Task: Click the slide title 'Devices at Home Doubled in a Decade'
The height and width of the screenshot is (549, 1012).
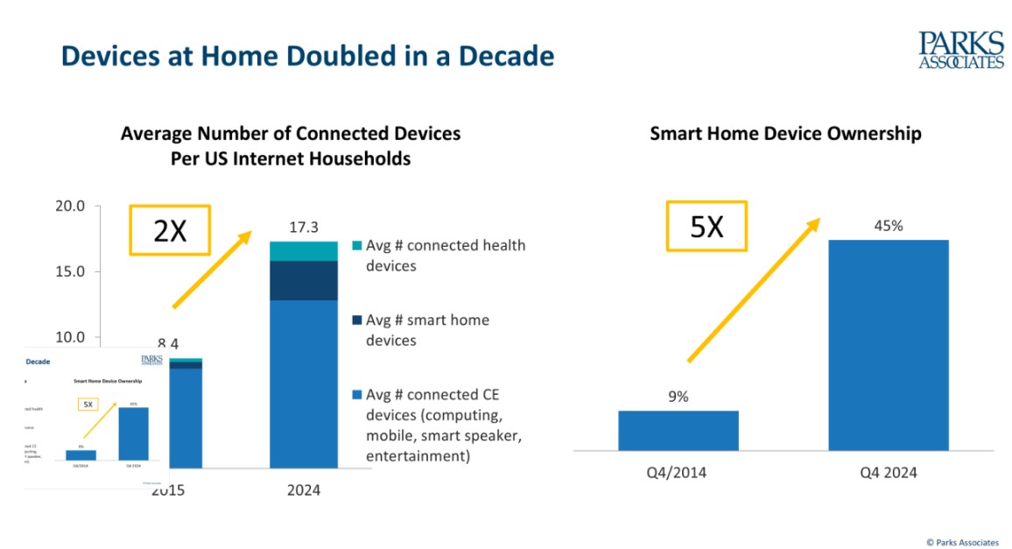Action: tap(307, 56)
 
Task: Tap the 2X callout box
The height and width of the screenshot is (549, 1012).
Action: tap(170, 230)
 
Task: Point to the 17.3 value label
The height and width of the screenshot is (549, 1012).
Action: tap(303, 227)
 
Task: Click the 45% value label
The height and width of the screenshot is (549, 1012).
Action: tap(887, 225)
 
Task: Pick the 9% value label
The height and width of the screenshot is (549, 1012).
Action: tap(678, 396)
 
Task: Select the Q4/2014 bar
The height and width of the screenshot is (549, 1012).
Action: tap(678, 430)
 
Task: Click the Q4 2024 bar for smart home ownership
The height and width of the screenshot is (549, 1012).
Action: tap(888, 345)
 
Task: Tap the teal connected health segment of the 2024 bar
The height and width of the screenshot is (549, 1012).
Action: tap(303, 250)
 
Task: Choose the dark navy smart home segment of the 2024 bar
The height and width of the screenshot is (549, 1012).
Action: tap(303, 280)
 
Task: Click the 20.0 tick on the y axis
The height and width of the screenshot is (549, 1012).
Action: tap(69, 207)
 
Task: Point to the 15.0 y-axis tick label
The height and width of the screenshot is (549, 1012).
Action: tap(69, 271)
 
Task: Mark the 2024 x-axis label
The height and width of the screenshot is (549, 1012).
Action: tap(303, 490)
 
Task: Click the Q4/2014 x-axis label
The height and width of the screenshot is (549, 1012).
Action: tap(678, 473)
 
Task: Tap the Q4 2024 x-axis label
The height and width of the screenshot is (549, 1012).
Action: tap(888, 473)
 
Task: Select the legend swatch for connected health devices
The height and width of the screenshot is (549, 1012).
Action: tap(356, 246)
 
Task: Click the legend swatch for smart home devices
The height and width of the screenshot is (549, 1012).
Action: tap(356, 320)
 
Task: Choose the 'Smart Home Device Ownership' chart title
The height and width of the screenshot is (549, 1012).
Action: tap(785, 134)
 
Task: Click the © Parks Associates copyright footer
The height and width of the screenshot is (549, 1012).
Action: tap(961, 542)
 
